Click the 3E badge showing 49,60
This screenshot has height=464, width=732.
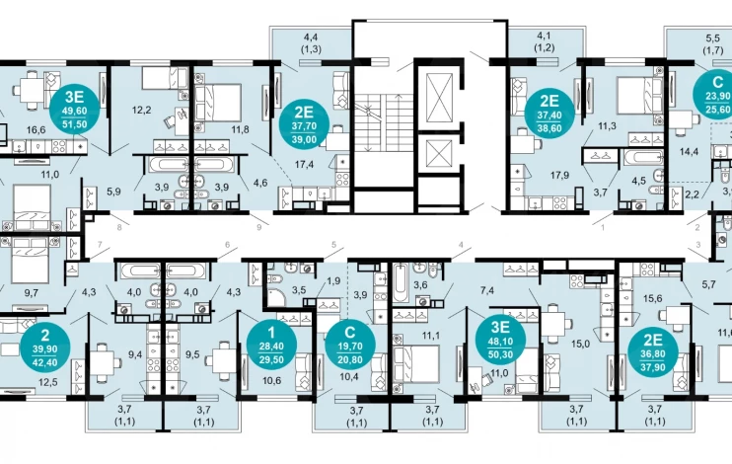click(x=75, y=111)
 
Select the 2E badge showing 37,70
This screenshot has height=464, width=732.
click(x=304, y=125)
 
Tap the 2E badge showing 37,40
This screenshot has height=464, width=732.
click(x=549, y=115)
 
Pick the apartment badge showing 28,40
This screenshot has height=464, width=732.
click(x=271, y=346)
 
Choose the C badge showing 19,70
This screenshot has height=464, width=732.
click(x=349, y=346)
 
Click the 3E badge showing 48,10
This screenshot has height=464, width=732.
click(x=500, y=341)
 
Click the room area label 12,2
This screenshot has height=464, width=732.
click(x=141, y=111)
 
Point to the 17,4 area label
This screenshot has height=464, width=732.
click(x=304, y=164)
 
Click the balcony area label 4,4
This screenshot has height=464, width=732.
click(x=311, y=37)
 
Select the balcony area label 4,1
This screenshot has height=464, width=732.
click(x=544, y=36)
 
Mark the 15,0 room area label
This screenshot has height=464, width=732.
click(x=580, y=344)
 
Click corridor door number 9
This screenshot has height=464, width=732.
click(x=259, y=228)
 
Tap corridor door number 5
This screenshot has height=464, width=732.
click(x=333, y=244)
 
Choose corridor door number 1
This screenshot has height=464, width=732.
click(x=603, y=228)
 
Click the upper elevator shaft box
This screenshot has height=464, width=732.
click(x=440, y=97)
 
